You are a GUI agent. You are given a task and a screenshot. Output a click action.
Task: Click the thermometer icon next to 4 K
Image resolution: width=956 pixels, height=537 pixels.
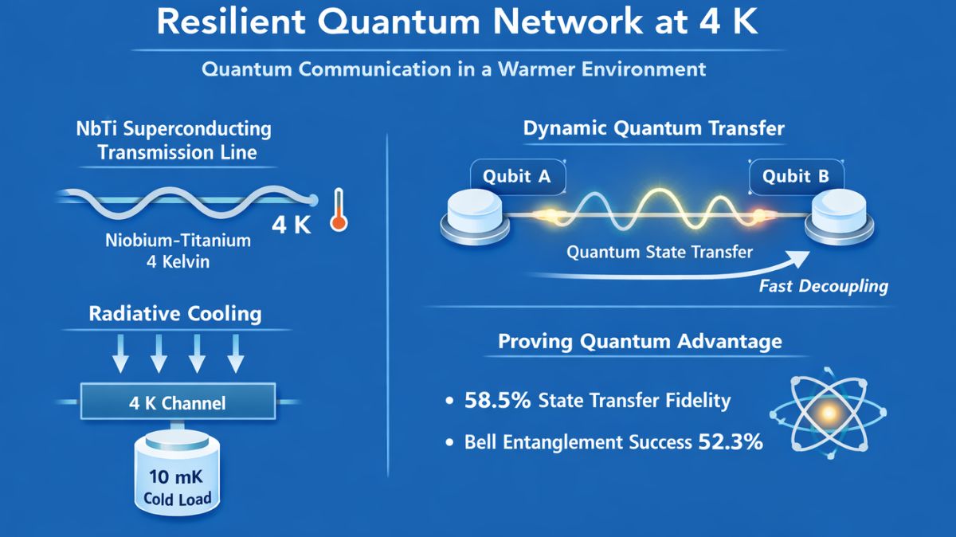click(339, 210)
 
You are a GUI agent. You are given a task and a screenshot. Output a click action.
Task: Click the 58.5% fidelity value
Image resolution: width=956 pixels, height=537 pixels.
click(497, 400)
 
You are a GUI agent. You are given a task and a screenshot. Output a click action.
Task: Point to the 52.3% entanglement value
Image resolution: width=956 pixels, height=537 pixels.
click(731, 441)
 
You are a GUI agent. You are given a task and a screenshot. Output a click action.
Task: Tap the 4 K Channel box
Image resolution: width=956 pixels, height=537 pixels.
click(177, 403)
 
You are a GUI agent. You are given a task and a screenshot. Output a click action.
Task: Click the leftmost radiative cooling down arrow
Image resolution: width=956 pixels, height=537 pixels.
click(120, 353)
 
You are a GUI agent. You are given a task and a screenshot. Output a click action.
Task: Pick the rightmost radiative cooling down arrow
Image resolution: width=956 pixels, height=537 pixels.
click(236, 353)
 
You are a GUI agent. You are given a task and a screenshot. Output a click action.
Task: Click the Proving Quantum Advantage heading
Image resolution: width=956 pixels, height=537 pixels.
click(640, 342)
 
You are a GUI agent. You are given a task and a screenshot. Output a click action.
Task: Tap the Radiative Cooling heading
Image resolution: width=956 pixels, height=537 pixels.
click(174, 314)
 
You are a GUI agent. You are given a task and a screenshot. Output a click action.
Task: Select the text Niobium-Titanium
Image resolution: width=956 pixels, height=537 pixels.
click(178, 239)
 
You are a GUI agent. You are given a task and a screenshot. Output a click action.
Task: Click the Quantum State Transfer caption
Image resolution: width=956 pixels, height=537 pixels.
click(659, 253)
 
